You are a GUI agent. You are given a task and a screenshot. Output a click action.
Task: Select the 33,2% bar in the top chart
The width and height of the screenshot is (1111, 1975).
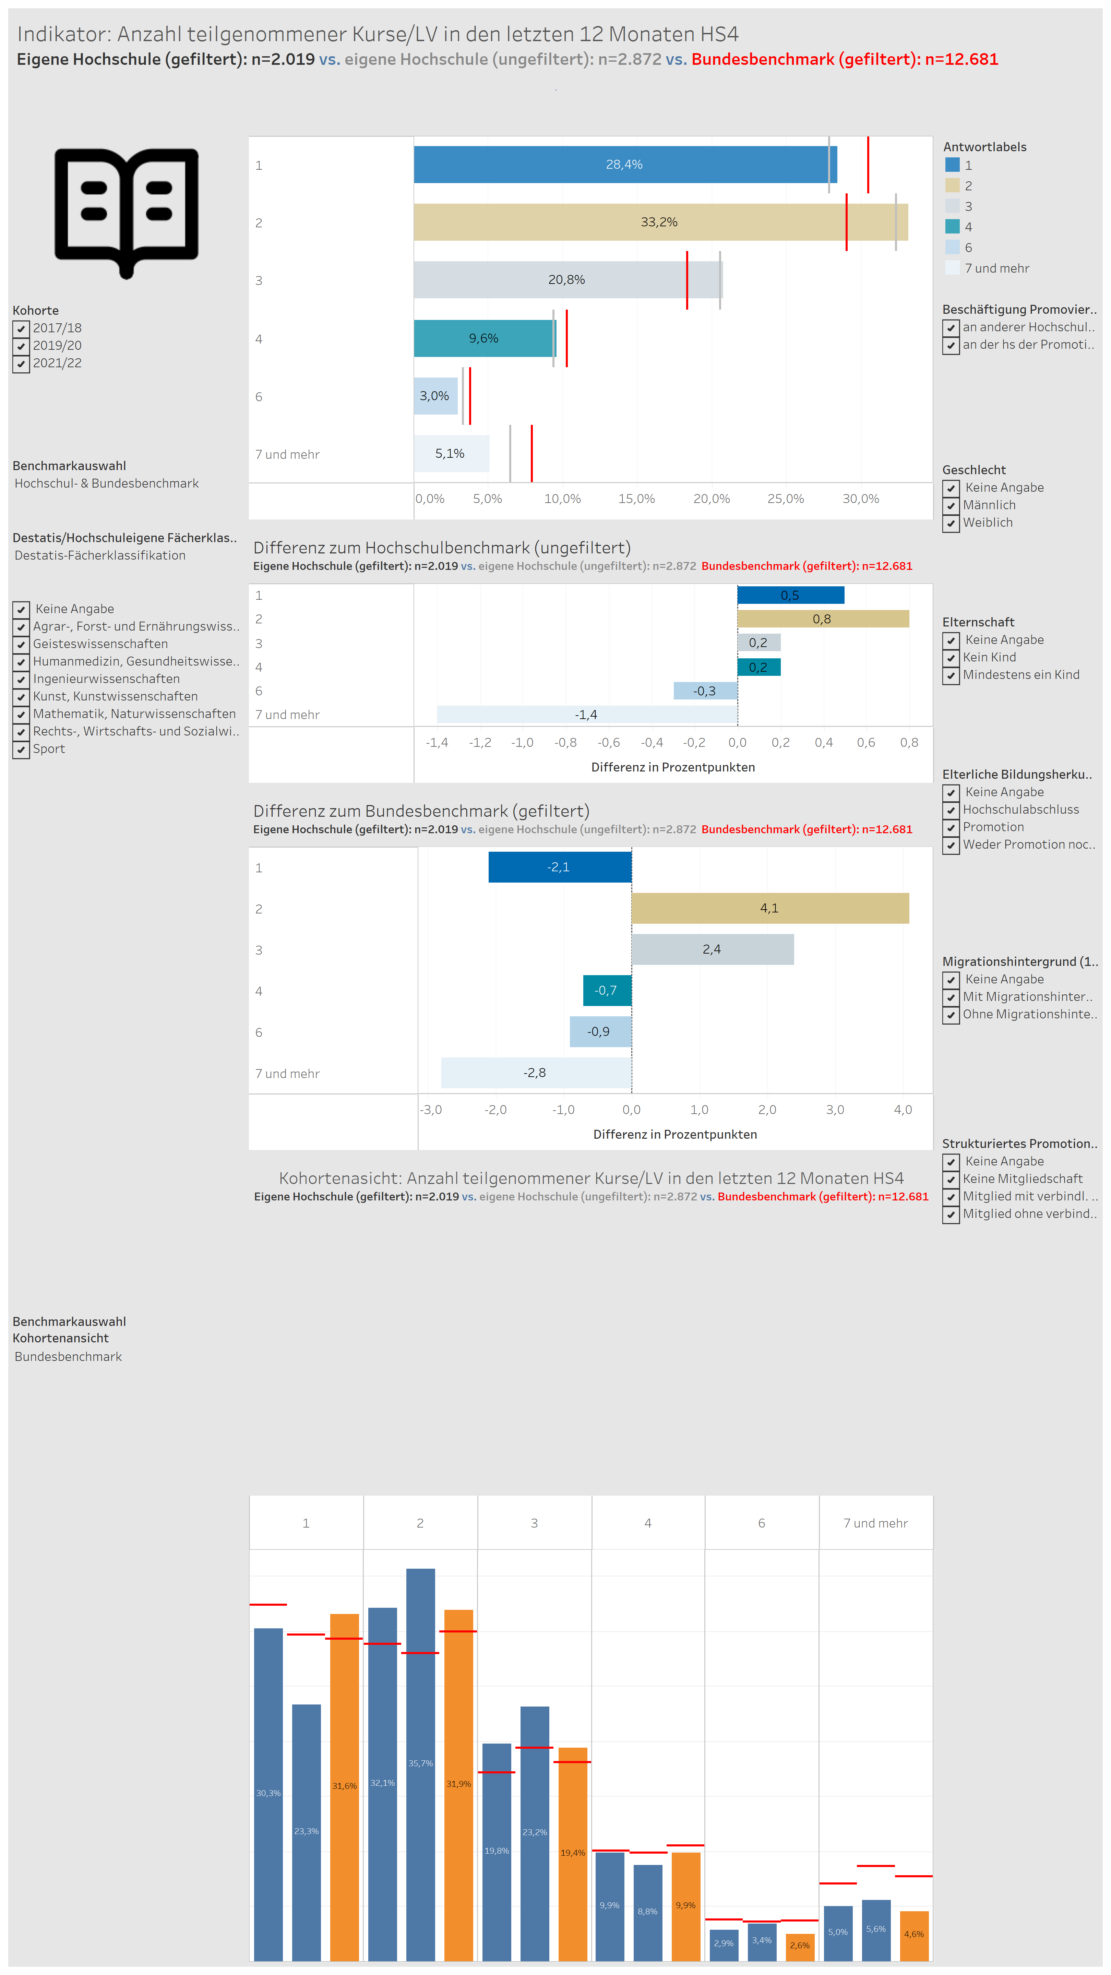tap(660, 222)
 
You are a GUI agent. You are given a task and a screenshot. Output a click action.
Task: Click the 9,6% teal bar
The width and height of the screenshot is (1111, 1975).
tap(485, 338)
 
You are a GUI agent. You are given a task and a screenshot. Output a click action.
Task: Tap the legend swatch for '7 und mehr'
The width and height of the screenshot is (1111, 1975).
tap(952, 267)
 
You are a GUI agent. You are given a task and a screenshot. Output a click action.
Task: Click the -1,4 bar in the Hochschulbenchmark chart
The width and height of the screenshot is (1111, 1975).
tap(587, 715)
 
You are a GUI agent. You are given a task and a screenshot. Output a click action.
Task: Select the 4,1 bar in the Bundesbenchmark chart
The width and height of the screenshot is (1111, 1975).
tap(770, 909)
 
